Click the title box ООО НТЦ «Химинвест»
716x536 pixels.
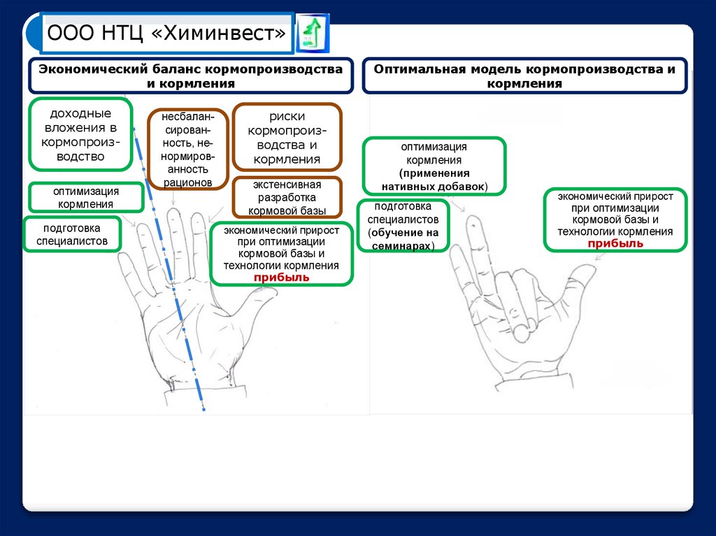tap(166, 34)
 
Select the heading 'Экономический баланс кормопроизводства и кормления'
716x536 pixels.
tap(190, 76)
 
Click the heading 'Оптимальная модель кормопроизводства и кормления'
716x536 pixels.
tap(524, 76)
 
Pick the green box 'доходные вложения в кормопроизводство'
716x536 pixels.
tap(80, 134)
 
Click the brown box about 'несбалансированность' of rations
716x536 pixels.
tap(187, 148)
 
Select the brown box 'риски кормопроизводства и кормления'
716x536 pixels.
tap(287, 138)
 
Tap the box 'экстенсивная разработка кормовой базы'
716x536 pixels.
tap(287, 197)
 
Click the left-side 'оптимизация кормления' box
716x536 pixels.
tap(86, 198)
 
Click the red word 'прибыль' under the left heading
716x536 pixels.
tap(281, 277)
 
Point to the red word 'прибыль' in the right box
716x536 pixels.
tap(615, 243)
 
